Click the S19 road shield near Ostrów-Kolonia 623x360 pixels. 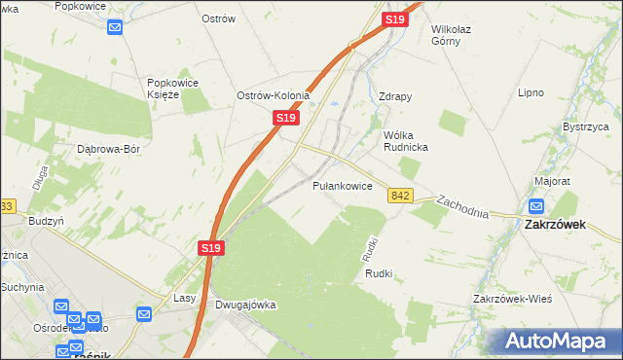tap(284, 117)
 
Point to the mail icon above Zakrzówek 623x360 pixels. tap(536, 206)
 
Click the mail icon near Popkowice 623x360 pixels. tap(115, 26)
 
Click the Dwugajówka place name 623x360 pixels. tap(243, 305)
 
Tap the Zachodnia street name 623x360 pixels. tap(462, 204)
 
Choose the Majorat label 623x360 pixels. tap(552, 182)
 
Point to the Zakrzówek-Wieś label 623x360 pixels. tap(512, 298)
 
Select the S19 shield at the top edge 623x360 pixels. tap(394, 19)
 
